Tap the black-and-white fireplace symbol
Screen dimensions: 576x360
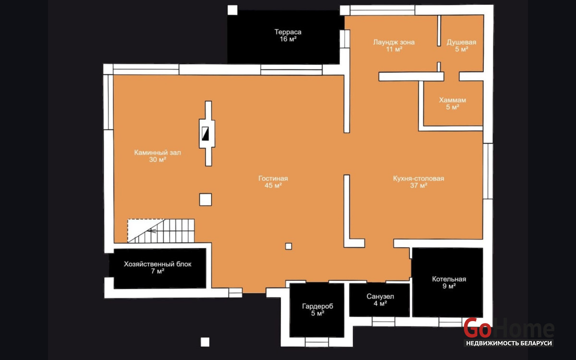(205, 133)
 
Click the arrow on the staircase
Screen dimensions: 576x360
(152, 231)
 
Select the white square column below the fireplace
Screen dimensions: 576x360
(205, 200)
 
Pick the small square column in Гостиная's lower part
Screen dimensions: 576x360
(288, 246)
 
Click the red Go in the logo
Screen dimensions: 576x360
(477, 327)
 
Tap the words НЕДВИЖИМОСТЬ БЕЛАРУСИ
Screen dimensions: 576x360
(509, 343)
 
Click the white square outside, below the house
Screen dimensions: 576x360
(205, 342)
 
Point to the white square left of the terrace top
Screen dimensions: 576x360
(232, 10)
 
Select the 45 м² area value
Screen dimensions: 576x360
(273, 185)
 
